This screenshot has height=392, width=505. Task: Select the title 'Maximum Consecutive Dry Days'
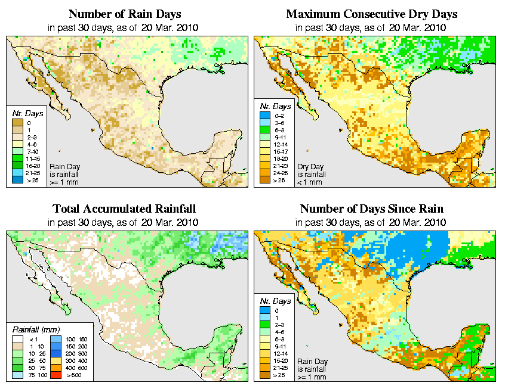(372, 14)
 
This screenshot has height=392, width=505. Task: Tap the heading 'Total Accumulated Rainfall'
(124, 209)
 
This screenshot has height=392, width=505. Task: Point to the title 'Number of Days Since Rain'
(372, 209)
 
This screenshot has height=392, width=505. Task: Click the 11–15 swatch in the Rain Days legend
(19, 158)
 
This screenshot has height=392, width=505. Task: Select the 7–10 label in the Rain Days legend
(32, 151)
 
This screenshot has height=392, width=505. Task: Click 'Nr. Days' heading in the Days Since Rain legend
(278, 301)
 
